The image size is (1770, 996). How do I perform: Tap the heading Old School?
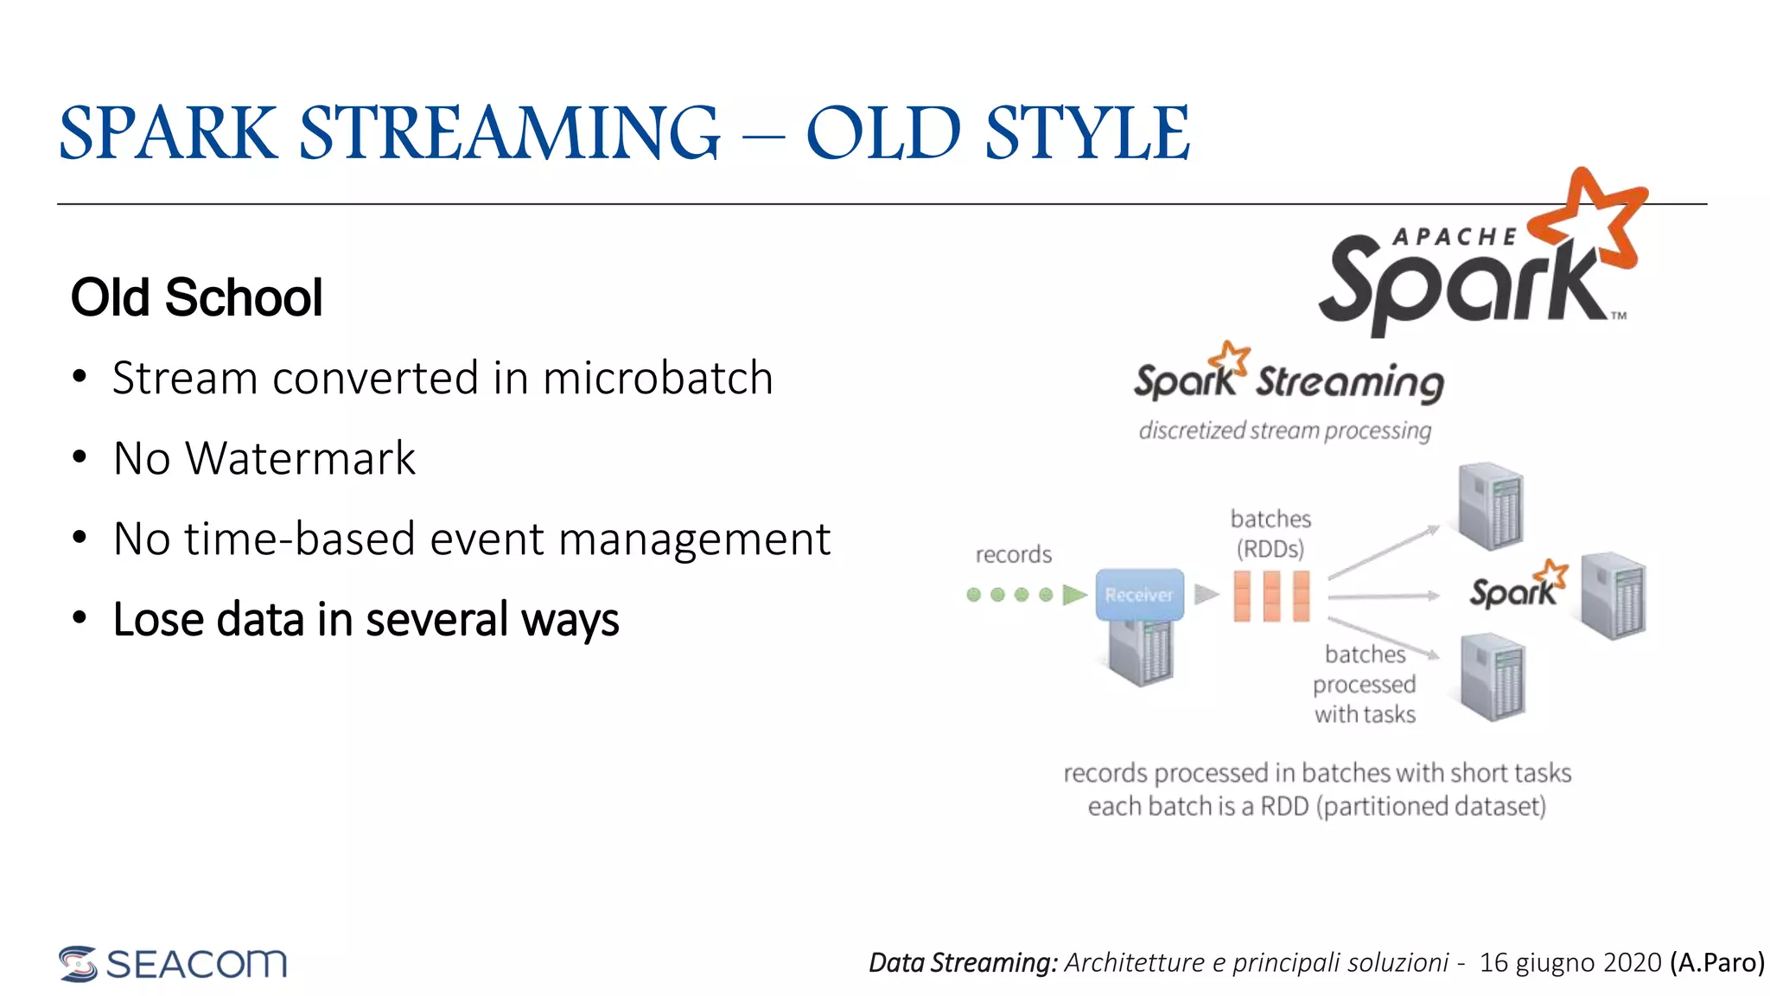[x=196, y=297]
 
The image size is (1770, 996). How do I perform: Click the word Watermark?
[x=300, y=458]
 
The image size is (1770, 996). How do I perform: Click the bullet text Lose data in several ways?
[x=366, y=619]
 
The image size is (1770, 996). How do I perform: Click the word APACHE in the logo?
[x=1455, y=236]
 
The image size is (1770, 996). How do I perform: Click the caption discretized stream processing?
[x=1284, y=430]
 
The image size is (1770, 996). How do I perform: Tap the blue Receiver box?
[x=1139, y=595]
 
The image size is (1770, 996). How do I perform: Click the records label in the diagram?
[x=1013, y=554]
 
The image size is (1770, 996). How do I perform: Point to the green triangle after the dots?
[x=1073, y=595]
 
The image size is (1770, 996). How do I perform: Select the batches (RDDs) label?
[x=1270, y=533]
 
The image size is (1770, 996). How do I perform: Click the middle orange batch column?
[x=1271, y=596]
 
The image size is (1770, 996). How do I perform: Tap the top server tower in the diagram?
[x=1490, y=507]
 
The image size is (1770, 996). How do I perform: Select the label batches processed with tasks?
[x=1365, y=684]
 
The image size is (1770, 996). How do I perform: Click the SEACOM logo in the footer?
[x=173, y=963]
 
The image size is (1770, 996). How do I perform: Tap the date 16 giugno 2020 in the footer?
[x=1569, y=962]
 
